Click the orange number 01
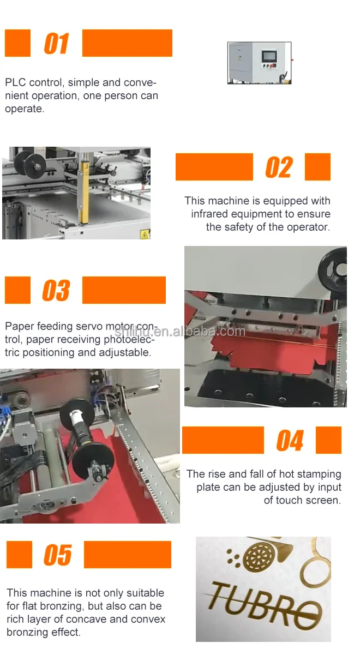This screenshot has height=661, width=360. (56, 44)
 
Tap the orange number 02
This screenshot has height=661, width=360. (279, 167)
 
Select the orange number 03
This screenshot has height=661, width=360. (56, 290)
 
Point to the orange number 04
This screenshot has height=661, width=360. (290, 440)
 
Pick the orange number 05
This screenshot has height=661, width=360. (57, 555)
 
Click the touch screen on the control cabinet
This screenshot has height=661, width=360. (269, 56)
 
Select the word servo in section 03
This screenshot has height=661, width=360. (88, 326)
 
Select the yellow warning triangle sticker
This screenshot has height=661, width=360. (145, 235)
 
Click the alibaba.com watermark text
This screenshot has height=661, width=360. (179, 332)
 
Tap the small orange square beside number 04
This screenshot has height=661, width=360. (328, 440)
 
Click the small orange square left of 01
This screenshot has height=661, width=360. (17, 43)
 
